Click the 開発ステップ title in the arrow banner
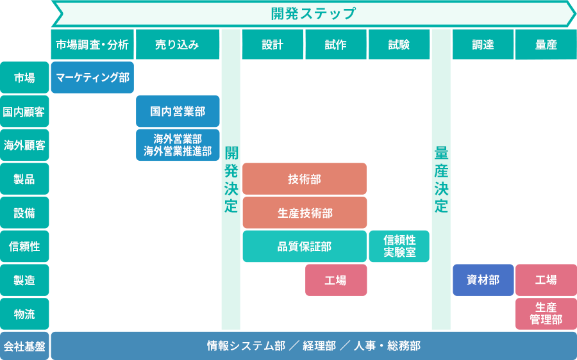click(x=313, y=13)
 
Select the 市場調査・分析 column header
click(x=92, y=45)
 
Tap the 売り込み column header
click(x=178, y=45)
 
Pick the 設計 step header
click(x=272, y=45)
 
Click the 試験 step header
click(x=398, y=45)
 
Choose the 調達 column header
click(x=483, y=45)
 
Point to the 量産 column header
click(x=546, y=45)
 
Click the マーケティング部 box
click(x=92, y=78)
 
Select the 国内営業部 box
click(x=178, y=111)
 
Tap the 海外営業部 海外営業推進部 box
click(x=178, y=145)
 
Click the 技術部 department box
click(x=305, y=179)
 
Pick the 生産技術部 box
click(x=305, y=213)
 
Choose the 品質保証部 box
click(x=305, y=247)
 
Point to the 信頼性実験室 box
click(x=399, y=247)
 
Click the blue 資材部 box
click(x=483, y=280)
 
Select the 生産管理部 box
click(x=546, y=314)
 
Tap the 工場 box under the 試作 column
click(x=336, y=280)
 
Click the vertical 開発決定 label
click(x=231, y=179)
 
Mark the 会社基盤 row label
click(x=24, y=347)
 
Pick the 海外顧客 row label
click(x=24, y=145)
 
